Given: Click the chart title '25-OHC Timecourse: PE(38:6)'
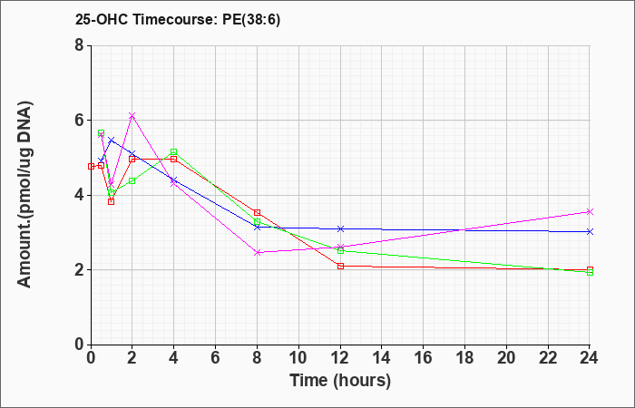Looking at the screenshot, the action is [178, 19].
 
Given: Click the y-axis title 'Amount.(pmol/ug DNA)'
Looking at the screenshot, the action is [25, 195].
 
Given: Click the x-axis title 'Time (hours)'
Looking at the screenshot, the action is [340, 381].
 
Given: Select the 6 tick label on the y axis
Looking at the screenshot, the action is [79, 121].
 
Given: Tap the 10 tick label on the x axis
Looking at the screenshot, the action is [298, 357].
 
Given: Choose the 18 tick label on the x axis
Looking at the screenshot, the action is [464, 357].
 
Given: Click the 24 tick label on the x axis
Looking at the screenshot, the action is [590, 357].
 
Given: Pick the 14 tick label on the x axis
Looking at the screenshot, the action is [382, 357].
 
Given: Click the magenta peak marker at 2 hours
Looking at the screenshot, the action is [132, 116].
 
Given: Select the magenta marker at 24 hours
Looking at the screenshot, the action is [590, 211].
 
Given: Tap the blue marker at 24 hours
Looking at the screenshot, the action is [590, 231].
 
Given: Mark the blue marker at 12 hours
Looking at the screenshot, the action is [340, 229].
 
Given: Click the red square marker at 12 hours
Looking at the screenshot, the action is [340, 266].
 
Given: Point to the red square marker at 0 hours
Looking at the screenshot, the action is [91, 166].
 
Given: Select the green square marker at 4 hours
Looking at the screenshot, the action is [174, 151].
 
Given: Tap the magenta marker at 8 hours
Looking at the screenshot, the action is [257, 253].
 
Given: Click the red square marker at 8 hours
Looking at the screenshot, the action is [257, 212].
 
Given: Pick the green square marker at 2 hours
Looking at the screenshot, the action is [132, 181].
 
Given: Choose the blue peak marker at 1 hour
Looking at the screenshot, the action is [112, 140].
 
